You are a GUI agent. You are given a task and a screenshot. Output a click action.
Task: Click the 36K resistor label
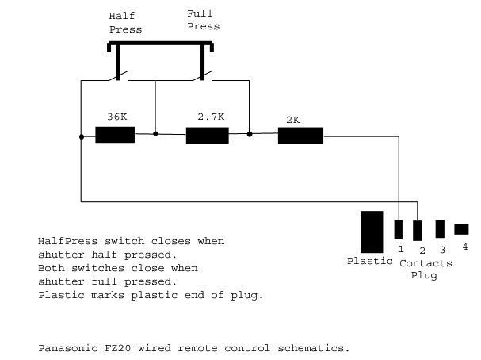point(116,117)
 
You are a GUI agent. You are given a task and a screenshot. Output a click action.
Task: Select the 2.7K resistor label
point(211,117)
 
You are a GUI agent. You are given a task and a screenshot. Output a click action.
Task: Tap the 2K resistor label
point(292,121)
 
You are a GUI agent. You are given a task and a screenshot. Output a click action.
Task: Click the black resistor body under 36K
point(114,134)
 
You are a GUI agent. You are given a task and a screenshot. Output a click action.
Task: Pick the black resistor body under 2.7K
point(207,136)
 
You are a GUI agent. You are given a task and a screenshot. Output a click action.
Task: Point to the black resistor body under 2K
point(300,136)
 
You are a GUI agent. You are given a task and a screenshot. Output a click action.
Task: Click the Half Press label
point(125,23)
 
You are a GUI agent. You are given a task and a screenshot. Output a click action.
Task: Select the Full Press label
point(204,20)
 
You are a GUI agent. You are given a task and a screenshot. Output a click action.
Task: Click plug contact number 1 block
point(399,230)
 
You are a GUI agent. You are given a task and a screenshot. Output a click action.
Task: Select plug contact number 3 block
point(441,229)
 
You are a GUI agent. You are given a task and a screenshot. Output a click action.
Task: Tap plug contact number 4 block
point(461,229)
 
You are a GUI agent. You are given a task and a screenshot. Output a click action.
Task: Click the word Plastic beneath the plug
point(370,261)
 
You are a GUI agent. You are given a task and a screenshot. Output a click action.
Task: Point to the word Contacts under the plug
point(426,262)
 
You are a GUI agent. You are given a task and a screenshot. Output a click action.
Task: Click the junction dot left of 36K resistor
point(82,136)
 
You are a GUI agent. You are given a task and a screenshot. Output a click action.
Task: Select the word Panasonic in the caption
point(66,348)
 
